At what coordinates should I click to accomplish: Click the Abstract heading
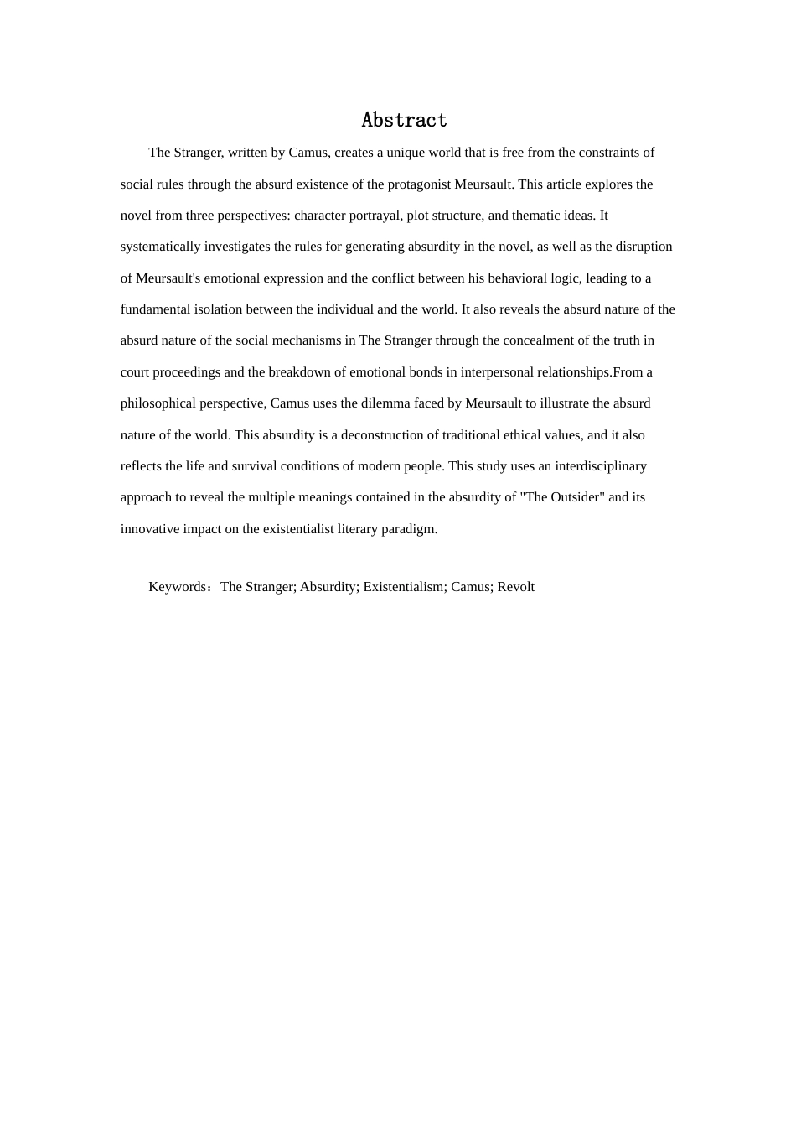(404, 121)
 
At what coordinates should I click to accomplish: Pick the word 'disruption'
(644, 247)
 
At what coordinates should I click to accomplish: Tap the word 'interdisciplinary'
(601, 466)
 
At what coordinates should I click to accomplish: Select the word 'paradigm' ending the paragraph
(413, 529)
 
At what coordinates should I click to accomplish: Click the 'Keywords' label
(178, 587)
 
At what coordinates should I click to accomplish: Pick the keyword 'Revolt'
(515, 587)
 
